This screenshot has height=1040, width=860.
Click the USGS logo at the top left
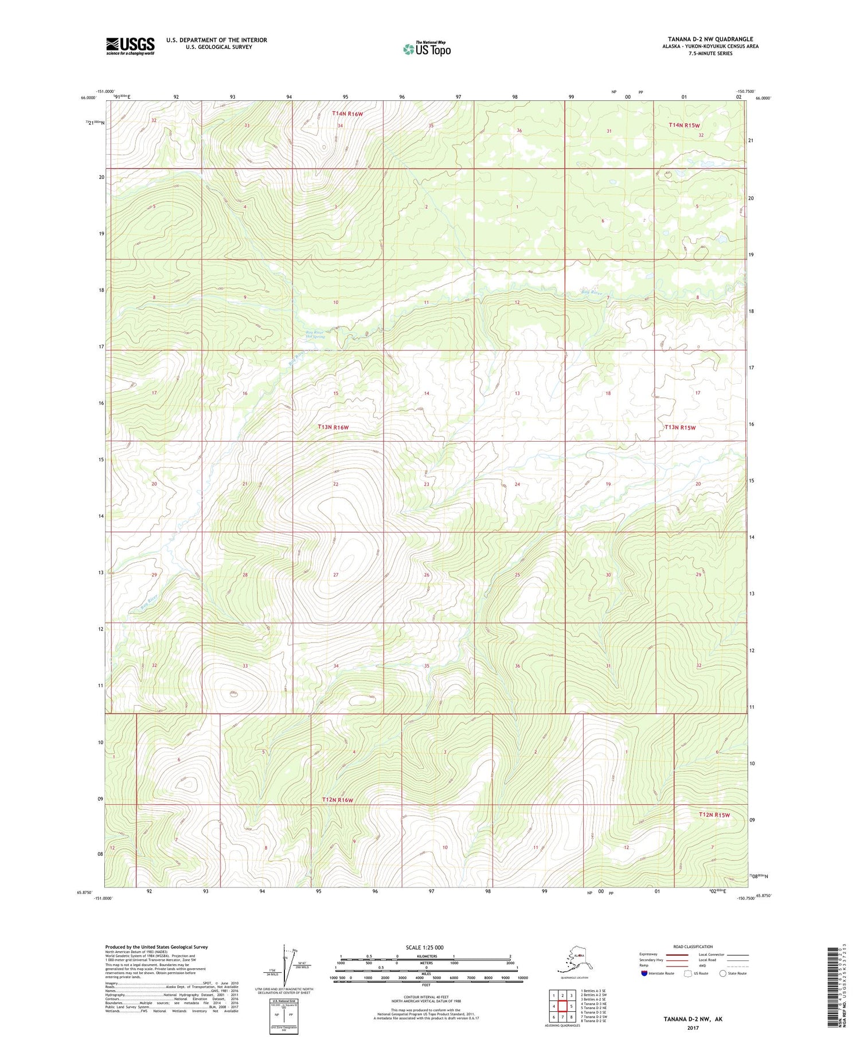coord(130,46)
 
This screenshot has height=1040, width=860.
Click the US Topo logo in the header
coord(427,49)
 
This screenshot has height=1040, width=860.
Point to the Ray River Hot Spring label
coord(315,334)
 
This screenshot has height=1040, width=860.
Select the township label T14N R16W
coord(347,114)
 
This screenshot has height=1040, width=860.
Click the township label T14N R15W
coord(684,125)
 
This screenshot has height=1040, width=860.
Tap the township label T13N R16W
coord(333,427)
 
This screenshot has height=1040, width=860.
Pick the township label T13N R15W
coord(680,427)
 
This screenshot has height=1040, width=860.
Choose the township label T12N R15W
coord(714,815)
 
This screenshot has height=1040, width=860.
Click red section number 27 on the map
coord(336,575)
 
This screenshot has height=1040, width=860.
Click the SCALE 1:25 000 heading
coord(424,947)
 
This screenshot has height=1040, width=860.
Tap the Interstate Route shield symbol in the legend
coord(644,973)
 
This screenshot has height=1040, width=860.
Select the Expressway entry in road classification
coord(648,955)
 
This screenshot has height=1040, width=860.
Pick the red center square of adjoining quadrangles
coord(562,1006)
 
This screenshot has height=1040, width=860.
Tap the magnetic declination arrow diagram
coord(284,964)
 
